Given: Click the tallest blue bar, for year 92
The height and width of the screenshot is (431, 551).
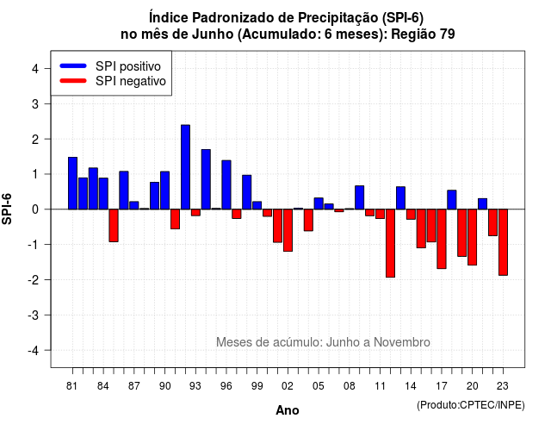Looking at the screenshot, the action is [186, 167].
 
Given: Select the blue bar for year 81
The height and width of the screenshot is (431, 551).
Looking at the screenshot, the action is [72, 184].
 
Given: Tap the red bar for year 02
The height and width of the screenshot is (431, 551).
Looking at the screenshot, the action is [288, 230].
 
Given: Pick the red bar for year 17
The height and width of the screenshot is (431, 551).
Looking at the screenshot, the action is [442, 239].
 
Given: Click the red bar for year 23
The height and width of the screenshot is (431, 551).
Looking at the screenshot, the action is [503, 242].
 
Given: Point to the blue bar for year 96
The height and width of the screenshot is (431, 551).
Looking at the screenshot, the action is [226, 184].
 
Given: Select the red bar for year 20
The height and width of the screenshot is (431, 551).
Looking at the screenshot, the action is [473, 237].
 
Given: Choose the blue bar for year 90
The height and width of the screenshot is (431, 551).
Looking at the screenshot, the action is [164, 191].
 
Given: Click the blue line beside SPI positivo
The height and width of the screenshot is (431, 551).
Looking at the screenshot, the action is [73, 66].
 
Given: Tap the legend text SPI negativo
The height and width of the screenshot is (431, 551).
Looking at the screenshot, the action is [131, 81].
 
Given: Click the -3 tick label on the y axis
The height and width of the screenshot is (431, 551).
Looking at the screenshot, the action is [34, 315].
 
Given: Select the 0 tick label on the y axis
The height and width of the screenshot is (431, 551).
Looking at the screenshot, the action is [35, 209].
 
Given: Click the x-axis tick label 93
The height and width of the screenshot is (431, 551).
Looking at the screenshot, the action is [195, 386].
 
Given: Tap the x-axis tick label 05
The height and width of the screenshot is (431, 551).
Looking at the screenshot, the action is [319, 386].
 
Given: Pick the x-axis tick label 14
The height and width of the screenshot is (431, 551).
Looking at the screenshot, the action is [411, 386].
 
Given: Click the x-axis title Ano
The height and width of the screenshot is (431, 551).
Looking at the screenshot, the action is [288, 410].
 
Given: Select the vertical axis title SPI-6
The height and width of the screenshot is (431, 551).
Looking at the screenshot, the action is [7, 209].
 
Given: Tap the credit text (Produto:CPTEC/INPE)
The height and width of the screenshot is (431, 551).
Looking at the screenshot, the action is [471, 405].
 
